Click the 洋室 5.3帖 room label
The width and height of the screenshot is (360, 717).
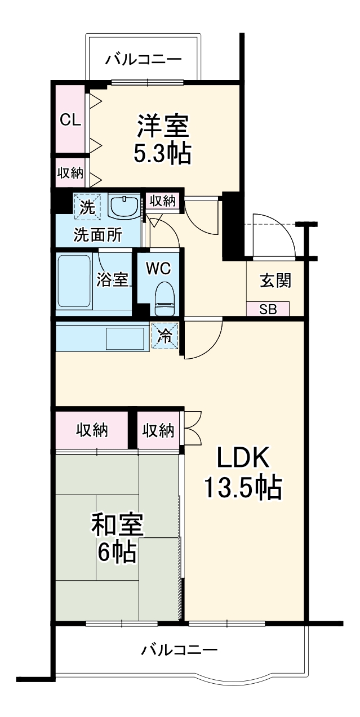[162, 139]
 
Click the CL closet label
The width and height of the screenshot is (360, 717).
[70, 119]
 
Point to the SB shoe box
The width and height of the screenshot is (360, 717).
[268, 309]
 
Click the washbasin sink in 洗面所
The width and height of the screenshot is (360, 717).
[123, 207]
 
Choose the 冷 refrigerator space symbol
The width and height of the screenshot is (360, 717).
[165, 336]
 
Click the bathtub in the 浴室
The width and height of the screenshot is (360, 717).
[74, 281]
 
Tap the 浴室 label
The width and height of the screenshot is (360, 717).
[113, 280]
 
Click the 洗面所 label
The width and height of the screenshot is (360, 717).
[98, 235]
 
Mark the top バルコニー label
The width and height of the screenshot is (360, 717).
[143, 58]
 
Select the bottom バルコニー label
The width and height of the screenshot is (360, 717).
[179, 651]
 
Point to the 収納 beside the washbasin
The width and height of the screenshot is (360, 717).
[163, 201]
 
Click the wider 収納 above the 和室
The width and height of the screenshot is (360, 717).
[92, 431]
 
